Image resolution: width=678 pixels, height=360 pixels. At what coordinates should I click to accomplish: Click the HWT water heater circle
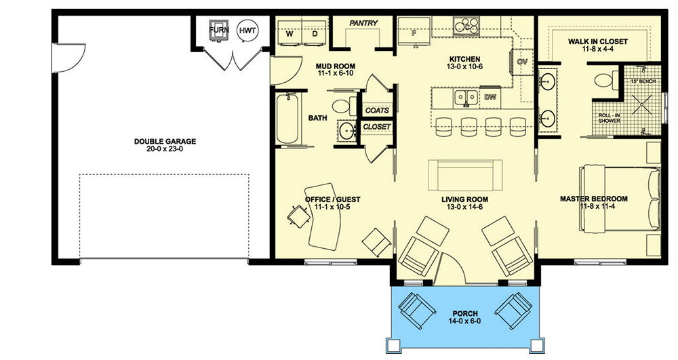pos(247,31)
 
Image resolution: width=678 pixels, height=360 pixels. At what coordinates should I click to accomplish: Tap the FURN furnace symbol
pos(219,31)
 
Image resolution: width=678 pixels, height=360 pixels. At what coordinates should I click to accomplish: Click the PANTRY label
pos(363,23)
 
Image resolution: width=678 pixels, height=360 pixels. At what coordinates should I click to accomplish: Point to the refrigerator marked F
pos(414,31)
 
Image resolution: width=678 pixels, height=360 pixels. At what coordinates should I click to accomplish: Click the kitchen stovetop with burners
pos(466,26)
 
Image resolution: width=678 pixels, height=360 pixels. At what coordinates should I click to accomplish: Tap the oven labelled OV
pos(522,62)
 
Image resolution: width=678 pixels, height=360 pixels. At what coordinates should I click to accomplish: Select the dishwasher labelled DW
pos(490,97)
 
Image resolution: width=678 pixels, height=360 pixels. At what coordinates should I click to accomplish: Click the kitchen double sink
pos(466,98)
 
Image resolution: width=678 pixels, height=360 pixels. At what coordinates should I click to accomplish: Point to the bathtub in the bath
pos(287,119)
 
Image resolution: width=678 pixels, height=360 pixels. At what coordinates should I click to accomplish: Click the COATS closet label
pos(377,111)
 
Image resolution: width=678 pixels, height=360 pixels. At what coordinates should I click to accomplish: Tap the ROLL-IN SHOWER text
pos(610,118)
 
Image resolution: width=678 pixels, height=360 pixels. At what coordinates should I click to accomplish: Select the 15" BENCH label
pos(643,81)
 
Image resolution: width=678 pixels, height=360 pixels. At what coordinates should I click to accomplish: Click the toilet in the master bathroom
pos(605,81)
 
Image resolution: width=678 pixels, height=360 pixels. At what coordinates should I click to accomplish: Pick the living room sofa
pos(465,175)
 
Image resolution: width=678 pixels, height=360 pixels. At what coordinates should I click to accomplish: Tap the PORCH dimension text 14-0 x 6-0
pos(465,321)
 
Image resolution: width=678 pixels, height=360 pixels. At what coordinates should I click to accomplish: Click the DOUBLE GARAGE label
pos(165,141)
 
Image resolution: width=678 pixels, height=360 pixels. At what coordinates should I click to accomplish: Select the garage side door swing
pos(69,58)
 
